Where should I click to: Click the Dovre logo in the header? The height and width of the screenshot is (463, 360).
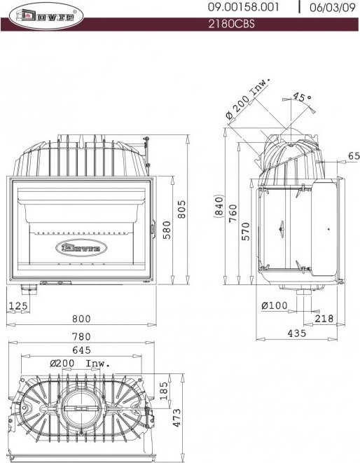click(43, 15)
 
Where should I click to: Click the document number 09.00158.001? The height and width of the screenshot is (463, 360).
click(244, 8)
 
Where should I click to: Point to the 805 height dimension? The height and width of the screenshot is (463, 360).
click(181, 209)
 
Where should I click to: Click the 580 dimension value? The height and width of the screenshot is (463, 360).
click(167, 230)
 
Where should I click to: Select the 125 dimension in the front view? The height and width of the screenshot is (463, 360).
click(18, 305)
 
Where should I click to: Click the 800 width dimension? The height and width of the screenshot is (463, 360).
click(82, 319)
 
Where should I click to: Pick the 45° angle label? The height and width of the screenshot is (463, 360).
click(302, 98)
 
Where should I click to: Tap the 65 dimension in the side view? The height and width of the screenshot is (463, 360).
click(353, 156)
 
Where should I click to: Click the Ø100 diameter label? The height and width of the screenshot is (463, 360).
click(275, 305)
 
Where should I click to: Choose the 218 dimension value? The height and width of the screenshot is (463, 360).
click(324, 319)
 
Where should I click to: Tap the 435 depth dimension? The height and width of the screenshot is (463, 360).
click(297, 333)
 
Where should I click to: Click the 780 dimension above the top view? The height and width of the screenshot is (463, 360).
click(82, 336)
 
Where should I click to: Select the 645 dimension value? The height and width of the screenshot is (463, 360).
click(82, 350)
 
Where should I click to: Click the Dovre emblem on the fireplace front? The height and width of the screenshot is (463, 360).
click(81, 247)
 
